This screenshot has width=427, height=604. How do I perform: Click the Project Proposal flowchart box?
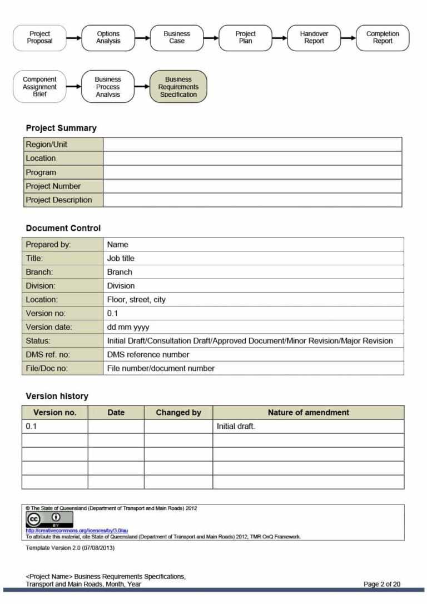tap(39, 38)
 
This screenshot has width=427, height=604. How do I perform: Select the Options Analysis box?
tap(108, 38)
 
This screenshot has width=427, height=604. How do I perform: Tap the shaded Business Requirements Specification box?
tap(178, 87)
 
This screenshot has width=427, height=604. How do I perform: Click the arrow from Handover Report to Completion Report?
tap(348, 38)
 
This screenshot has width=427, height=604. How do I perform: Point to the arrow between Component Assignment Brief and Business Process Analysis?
tap(73, 87)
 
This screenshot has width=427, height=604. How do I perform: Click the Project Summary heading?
tap(61, 128)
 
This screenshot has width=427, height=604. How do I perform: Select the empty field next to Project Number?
tap(252, 186)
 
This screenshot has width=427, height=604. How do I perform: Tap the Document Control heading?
tap(63, 228)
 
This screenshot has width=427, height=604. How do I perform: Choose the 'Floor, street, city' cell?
tap(136, 300)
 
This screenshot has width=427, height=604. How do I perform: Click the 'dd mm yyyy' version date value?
tap(128, 327)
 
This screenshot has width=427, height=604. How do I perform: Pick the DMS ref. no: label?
tap(48, 354)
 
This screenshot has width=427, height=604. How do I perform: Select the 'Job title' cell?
tap(121, 258)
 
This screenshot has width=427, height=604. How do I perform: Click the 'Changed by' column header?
tap(178, 413)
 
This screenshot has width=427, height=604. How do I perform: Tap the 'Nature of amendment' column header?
tap(308, 413)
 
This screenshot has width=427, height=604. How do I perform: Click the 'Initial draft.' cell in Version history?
tap(236, 427)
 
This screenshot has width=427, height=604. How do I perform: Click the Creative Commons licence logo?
tap(49, 519)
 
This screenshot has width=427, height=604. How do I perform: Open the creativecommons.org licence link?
tap(77, 531)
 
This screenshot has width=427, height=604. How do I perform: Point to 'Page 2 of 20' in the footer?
tap(381, 584)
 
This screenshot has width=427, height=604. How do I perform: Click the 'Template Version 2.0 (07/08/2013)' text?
tap(70, 548)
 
